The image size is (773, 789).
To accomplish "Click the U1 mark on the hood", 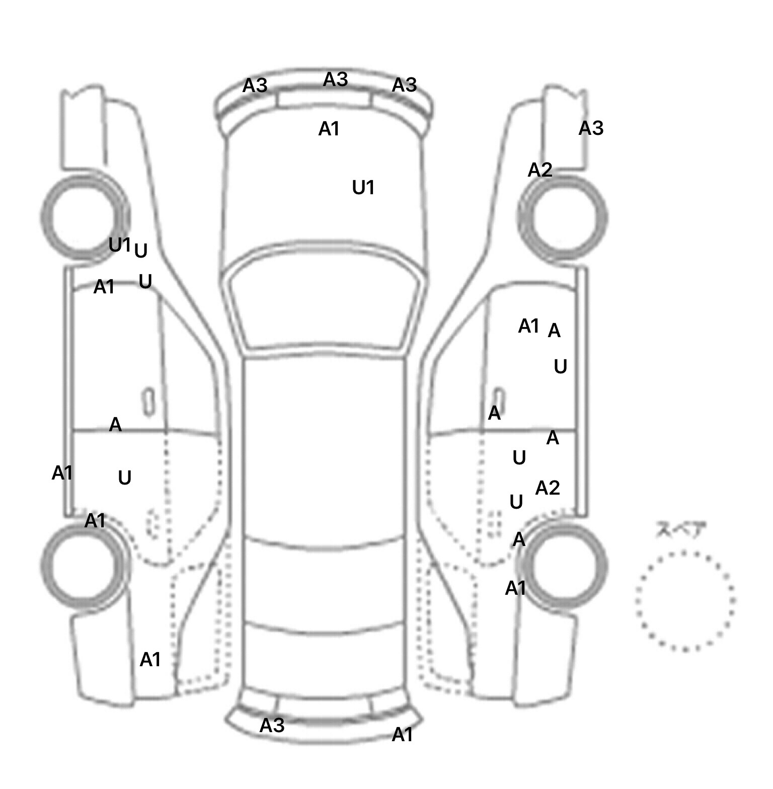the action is (x=363, y=188).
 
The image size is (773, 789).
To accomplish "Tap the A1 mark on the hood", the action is (x=329, y=129).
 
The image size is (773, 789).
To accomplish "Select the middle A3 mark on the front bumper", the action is (x=335, y=80).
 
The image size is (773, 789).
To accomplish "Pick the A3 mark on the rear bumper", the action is (x=272, y=725).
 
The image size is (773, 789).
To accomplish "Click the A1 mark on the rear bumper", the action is (x=402, y=735).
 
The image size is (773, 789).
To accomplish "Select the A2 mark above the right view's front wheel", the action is (x=540, y=171).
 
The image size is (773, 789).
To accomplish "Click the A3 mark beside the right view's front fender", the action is (x=591, y=128).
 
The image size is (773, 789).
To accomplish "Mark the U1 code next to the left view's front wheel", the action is (x=120, y=245).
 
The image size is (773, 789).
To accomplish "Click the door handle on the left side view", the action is (x=148, y=402).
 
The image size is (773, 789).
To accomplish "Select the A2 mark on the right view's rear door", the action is (x=548, y=488).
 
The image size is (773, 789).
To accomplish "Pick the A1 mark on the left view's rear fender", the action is (x=150, y=659).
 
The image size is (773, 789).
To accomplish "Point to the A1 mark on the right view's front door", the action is (x=529, y=326).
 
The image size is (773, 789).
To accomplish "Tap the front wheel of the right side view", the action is (x=563, y=218).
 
